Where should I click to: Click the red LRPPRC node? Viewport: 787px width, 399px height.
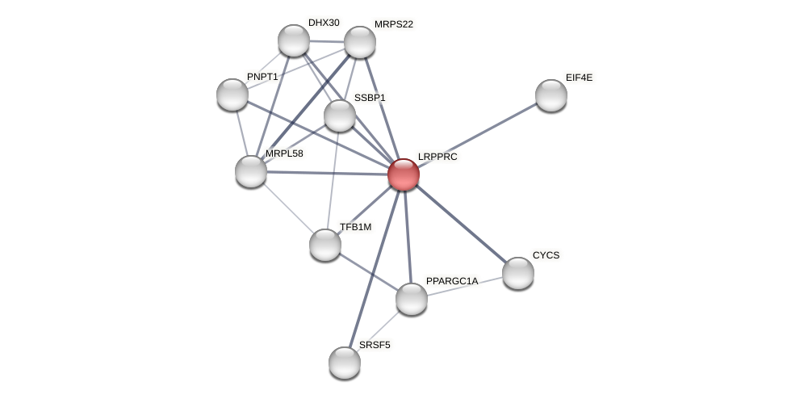(403, 174)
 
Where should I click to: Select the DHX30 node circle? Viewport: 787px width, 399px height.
(294, 40)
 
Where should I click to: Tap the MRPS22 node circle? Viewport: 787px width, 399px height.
(360, 42)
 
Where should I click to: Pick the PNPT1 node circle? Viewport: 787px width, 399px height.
(232, 94)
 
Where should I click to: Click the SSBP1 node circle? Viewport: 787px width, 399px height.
(340, 115)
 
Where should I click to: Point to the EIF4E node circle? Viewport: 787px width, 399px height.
(551, 95)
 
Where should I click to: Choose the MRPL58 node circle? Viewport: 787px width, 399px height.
(251, 171)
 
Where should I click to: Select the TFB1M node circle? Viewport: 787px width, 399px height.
(325, 245)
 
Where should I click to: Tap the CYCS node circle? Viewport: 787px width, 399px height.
(518, 273)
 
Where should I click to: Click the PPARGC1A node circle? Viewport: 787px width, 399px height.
(412, 299)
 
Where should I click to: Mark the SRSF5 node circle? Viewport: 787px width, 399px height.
(345, 363)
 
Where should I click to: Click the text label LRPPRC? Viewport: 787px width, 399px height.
(437, 157)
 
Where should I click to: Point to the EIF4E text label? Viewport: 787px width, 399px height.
(579, 78)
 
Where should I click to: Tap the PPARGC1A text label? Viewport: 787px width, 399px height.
(452, 281)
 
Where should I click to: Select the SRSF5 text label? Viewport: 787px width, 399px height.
(375, 345)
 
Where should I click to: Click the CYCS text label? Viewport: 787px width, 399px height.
(546, 255)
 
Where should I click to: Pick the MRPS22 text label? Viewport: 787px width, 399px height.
(393, 24)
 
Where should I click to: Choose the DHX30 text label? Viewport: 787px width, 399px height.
(324, 23)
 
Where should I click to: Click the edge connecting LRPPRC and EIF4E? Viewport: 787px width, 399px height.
(477, 135)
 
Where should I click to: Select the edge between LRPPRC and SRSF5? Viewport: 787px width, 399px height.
(374, 268)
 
